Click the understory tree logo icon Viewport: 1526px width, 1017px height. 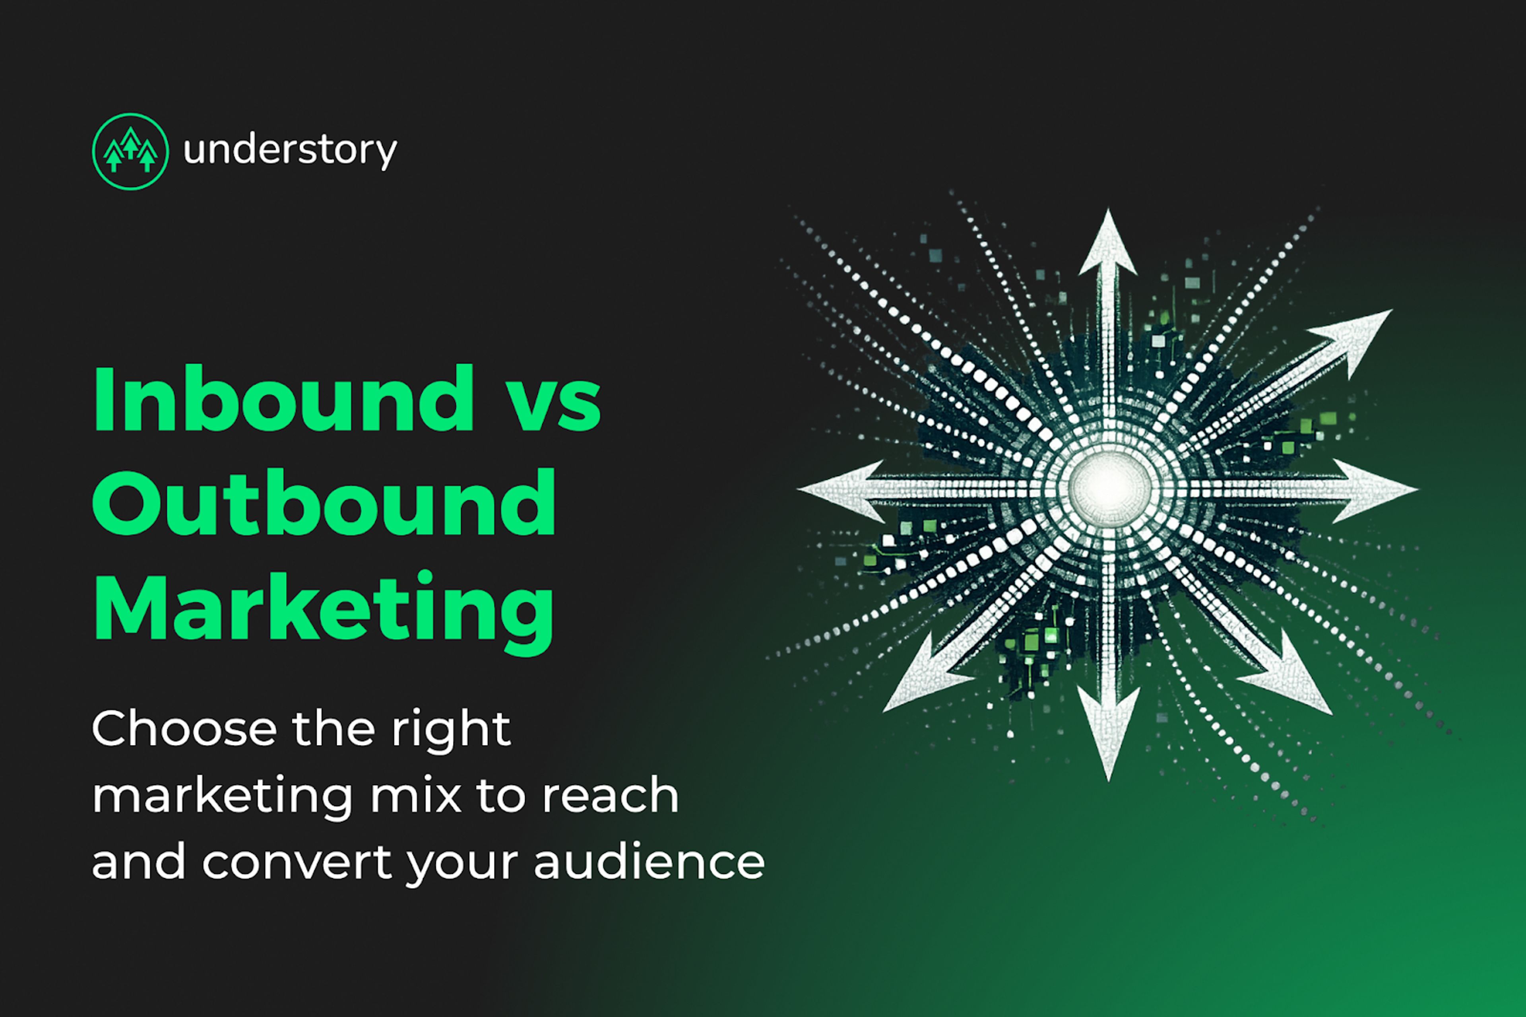pyautogui.click(x=130, y=151)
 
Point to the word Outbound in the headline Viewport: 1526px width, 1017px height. pyautogui.click(x=324, y=503)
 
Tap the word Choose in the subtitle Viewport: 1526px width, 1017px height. pyautogui.click(x=184, y=729)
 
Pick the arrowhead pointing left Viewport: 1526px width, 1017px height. pyautogui.click(x=843, y=490)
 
